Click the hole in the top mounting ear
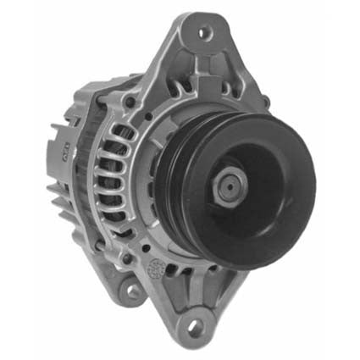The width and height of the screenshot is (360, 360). coord(203,33)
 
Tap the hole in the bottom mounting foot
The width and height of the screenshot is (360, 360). coord(196,325)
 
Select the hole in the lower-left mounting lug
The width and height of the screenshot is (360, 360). coord(133,291)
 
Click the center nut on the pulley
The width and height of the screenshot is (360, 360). coord(231,187)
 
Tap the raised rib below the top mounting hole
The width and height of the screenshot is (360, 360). coord(203,64)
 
